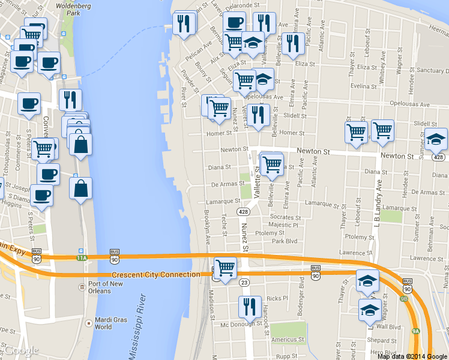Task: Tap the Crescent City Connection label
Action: point(155,275)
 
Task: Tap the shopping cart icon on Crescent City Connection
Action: point(224,268)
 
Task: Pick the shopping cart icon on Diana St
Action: point(272,164)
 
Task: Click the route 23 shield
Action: point(244,282)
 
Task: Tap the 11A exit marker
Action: point(82,258)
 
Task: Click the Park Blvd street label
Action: point(285,241)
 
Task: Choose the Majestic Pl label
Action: point(283,225)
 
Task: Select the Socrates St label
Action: point(285,217)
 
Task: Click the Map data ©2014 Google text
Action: point(412,356)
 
